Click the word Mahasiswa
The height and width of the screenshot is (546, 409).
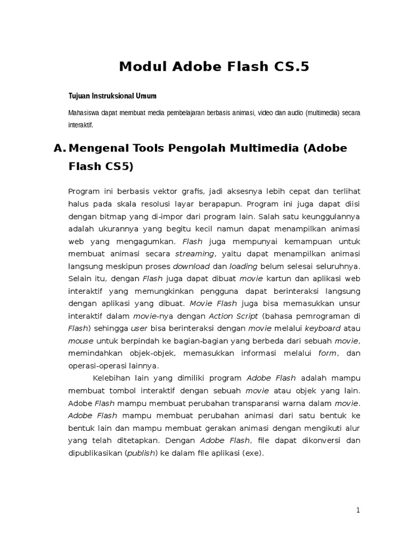84,113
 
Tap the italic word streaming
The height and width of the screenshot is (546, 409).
194,254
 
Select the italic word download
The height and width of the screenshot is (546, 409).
192,266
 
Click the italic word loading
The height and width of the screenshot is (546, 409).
243,266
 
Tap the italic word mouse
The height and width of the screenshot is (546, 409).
80,341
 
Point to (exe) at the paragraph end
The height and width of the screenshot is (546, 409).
252,453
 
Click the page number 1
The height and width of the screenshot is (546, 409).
358,510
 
